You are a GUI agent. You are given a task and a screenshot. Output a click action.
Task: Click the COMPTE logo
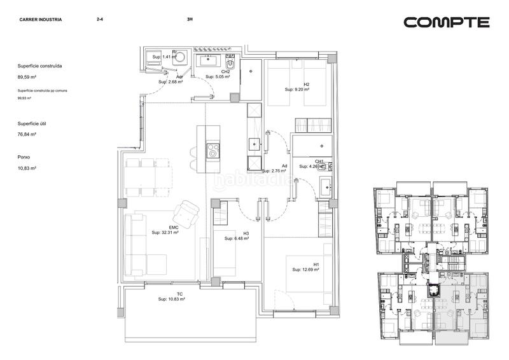point(447,22)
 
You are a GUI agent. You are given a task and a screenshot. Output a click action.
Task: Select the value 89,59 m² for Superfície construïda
point(26,77)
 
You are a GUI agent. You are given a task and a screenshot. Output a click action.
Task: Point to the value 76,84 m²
point(26,134)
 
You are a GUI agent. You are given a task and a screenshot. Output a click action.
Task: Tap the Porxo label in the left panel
point(24,156)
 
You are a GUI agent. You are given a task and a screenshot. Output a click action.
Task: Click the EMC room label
point(173,227)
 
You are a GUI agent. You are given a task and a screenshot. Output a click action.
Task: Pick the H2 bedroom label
point(306,85)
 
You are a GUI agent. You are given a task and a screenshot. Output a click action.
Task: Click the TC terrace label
point(180,294)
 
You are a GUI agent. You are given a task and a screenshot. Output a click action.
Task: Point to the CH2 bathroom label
point(225,71)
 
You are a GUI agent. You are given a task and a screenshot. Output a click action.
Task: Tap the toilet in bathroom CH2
point(232,66)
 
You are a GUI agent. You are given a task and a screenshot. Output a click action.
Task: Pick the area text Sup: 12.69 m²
point(305,270)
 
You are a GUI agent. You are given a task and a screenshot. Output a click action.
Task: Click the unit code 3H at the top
point(190,20)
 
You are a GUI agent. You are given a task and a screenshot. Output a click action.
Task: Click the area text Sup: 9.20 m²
point(296,90)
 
